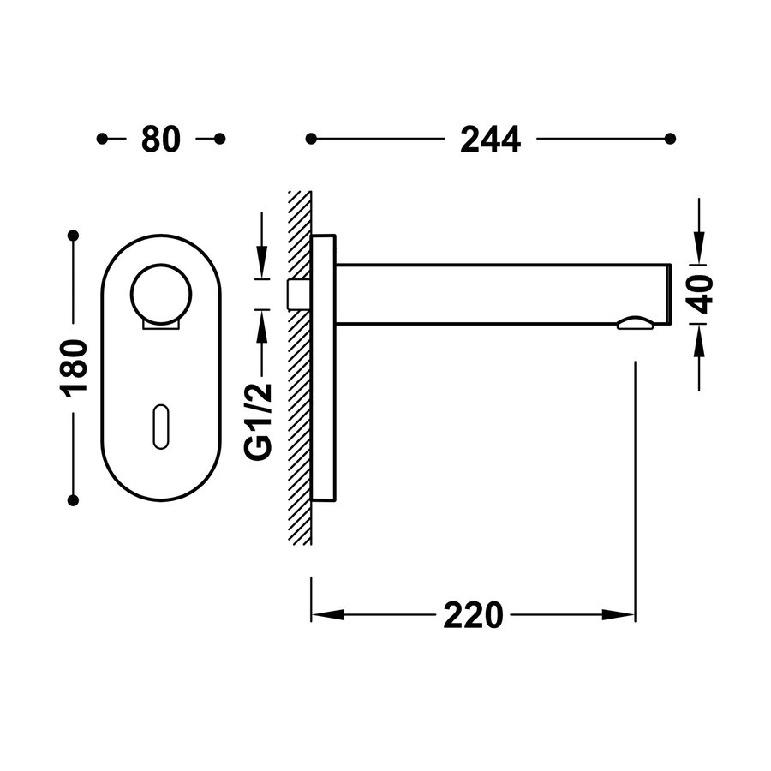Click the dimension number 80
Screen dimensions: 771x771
[161, 139]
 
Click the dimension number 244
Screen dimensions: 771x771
[490, 139]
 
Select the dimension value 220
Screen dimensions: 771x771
[473, 615]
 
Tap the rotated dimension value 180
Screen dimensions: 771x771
[75, 367]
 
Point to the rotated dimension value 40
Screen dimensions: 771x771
[702, 294]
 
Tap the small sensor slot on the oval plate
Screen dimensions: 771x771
[160, 425]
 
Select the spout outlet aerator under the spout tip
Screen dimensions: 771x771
[634, 322]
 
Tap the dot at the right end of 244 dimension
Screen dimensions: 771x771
[671, 139]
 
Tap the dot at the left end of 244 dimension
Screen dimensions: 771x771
[311, 139]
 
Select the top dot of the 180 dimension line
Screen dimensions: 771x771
[74, 235]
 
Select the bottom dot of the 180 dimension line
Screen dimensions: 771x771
[74, 498]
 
